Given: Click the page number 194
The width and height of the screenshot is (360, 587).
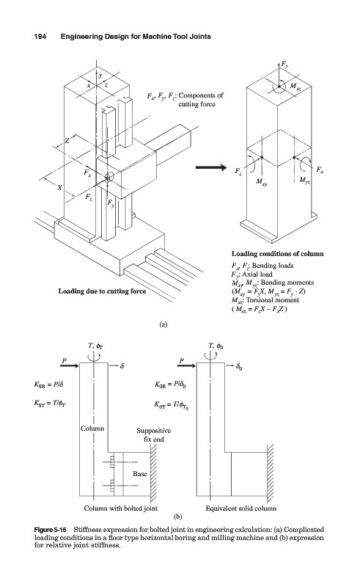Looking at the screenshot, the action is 40,37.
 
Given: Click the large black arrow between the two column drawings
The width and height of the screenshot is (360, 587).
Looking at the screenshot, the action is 211,167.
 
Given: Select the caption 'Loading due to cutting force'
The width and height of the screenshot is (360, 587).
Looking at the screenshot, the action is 102,291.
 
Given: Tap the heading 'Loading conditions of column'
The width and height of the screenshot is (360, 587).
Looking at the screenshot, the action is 277,254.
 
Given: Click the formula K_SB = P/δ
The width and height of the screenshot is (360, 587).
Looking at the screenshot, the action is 51,384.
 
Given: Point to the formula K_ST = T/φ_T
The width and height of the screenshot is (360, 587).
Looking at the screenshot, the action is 51,403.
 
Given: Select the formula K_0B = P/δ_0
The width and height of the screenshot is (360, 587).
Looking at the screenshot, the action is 172,384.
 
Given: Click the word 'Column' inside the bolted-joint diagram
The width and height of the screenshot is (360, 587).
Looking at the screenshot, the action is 92,429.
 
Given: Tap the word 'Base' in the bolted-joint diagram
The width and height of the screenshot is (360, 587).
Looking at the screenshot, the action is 139,474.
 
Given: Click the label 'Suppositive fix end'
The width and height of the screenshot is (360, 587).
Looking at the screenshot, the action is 153,435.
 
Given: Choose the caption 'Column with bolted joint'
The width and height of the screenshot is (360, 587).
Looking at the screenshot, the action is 120,508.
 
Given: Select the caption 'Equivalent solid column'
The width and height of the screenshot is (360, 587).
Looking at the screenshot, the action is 241,508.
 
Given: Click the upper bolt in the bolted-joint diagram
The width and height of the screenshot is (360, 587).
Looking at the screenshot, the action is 111,462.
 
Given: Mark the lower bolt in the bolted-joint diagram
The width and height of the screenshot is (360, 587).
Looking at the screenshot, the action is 111,486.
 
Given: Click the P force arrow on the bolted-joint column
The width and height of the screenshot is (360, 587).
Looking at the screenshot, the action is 69,365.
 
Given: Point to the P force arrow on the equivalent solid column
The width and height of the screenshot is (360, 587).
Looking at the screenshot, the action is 186,365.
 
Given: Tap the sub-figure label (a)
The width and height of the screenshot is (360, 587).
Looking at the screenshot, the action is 163,324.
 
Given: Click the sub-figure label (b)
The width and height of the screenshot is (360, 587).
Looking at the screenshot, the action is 178,517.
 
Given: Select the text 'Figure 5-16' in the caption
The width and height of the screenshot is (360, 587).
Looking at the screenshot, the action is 50,530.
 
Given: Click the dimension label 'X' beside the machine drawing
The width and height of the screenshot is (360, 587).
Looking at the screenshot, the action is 59,188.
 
